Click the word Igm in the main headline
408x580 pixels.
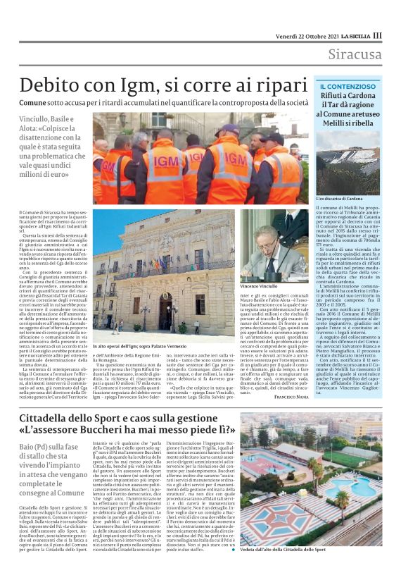point(160,85)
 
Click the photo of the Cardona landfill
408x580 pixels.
point(348,163)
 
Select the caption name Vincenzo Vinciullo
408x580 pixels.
point(262,288)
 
